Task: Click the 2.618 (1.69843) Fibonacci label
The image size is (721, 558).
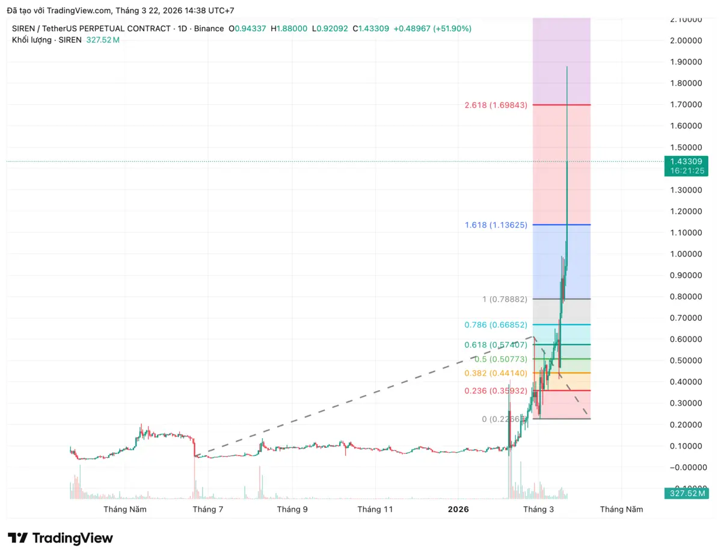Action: (495, 105)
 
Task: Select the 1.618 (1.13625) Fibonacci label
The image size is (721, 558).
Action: (495, 225)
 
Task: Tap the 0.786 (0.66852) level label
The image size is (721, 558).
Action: (495, 325)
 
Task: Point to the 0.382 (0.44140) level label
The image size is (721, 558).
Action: (495, 373)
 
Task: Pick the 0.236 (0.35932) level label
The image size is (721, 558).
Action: (495, 391)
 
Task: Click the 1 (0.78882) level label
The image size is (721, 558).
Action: (505, 299)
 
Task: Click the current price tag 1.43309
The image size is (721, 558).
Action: (686, 161)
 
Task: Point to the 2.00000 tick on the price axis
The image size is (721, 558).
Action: (686, 40)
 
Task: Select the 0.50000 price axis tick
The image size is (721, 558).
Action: (686, 361)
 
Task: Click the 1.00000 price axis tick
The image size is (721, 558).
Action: (686, 254)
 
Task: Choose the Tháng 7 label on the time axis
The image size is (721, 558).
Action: (208, 509)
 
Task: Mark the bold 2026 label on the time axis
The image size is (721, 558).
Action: (458, 509)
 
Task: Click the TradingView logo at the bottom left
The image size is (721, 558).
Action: (60, 538)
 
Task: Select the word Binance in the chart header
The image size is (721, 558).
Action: (209, 28)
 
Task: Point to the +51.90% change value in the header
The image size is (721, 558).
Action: (452, 28)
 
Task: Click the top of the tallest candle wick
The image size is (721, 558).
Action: (567, 67)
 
